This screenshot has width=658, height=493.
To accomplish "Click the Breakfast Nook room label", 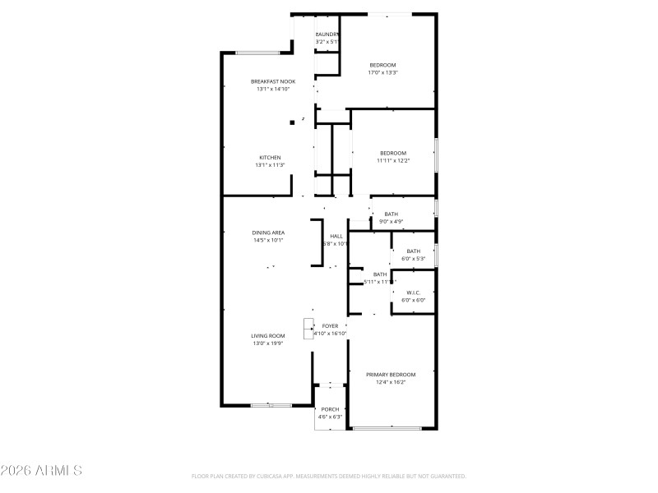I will (x=273, y=81).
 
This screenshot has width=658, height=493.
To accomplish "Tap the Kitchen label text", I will (x=271, y=158).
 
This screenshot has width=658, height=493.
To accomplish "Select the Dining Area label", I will (x=268, y=233).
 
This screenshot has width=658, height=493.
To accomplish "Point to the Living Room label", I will (x=268, y=335).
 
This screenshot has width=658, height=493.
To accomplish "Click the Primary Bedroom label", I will (x=391, y=374).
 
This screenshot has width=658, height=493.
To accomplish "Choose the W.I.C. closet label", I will (x=413, y=293).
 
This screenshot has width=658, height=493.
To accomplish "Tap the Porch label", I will (x=330, y=409).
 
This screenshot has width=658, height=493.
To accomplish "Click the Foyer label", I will (x=330, y=326).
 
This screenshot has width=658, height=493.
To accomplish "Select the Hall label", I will (x=336, y=237).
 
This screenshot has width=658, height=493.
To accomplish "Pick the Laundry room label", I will (x=327, y=35).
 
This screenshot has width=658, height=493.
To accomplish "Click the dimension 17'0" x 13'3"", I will (x=382, y=72).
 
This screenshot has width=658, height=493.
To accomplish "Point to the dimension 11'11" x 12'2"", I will (x=393, y=160).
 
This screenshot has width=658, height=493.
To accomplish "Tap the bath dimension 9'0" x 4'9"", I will (x=391, y=221).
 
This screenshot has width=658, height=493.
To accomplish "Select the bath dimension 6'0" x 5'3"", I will (x=413, y=259).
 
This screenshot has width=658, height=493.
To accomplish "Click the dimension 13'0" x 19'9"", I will (x=268, y=343).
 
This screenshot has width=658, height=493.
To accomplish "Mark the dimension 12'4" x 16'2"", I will (x=391, y=381).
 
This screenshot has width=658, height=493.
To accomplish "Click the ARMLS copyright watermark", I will (x=41, y=471).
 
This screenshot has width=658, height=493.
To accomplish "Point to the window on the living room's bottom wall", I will (x=271, y=405).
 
